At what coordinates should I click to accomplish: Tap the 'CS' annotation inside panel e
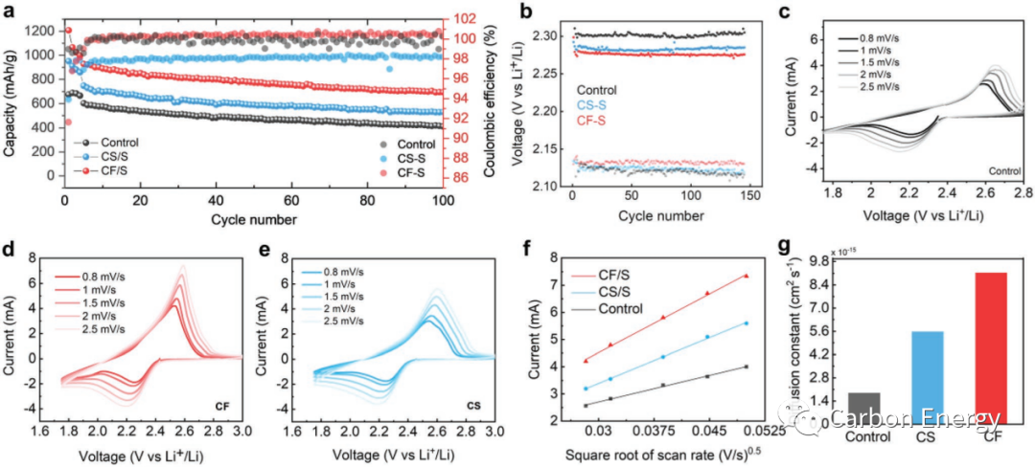click(x=473, y=406)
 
